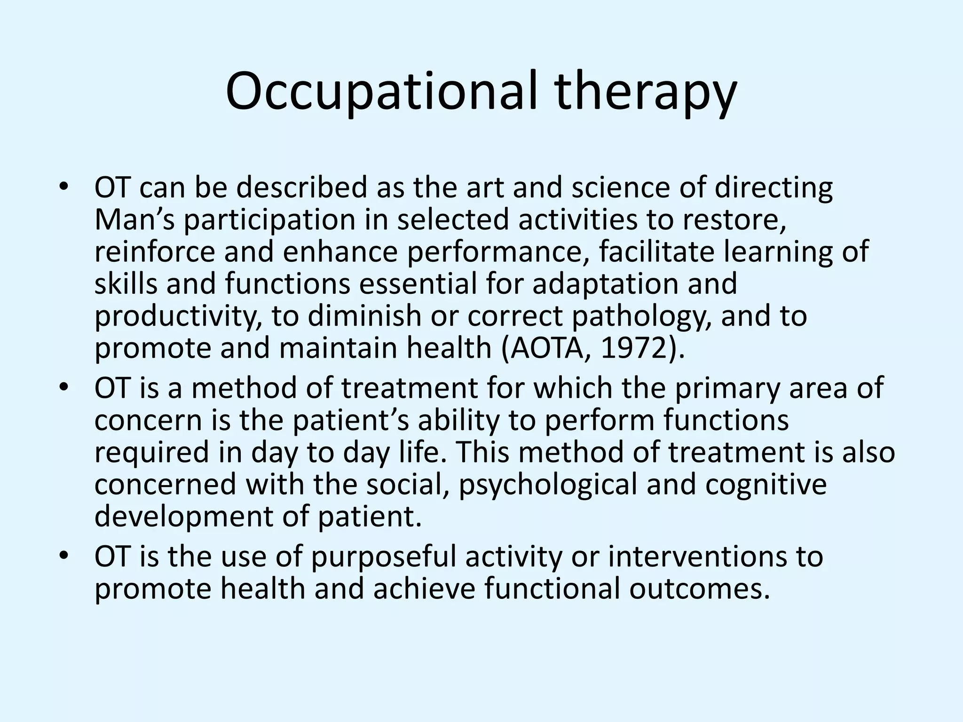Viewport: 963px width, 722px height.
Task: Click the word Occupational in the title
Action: coord(381,92)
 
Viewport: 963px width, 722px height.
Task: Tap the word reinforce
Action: coord(154,251)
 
